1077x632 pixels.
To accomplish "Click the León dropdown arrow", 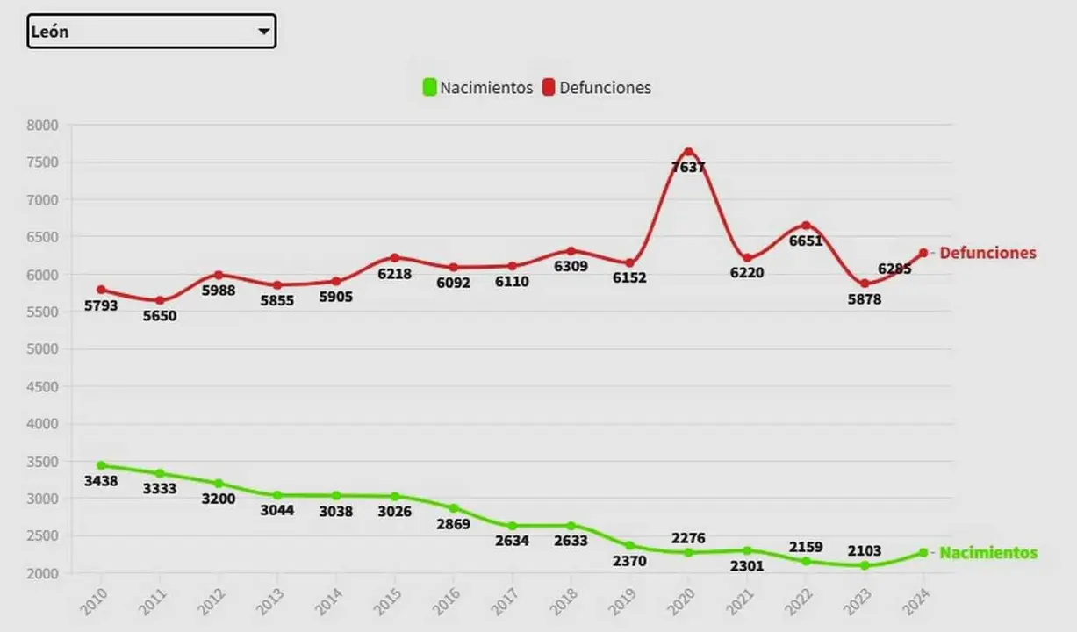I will pos(263,32).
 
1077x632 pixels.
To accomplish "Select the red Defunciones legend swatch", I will pos(549,88).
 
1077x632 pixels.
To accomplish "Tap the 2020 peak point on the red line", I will pos(688,152).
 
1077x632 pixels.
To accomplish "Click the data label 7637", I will pos(688,167).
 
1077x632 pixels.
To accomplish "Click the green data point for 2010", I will pos(101,465).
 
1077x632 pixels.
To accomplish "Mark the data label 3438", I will pos(101,481).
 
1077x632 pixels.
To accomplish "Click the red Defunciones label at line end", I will pos(987,253).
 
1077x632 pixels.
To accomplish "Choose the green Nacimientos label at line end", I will pos(988,553).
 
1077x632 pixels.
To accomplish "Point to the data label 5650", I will pos(160,316).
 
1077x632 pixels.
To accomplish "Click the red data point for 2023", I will pos(865,284).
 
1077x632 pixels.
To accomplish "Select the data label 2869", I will pos(453,524).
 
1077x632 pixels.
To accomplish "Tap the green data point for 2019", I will pos(629,545).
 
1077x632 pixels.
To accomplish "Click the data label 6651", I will pos(806,241).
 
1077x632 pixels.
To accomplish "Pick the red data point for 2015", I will pos(395,258).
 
